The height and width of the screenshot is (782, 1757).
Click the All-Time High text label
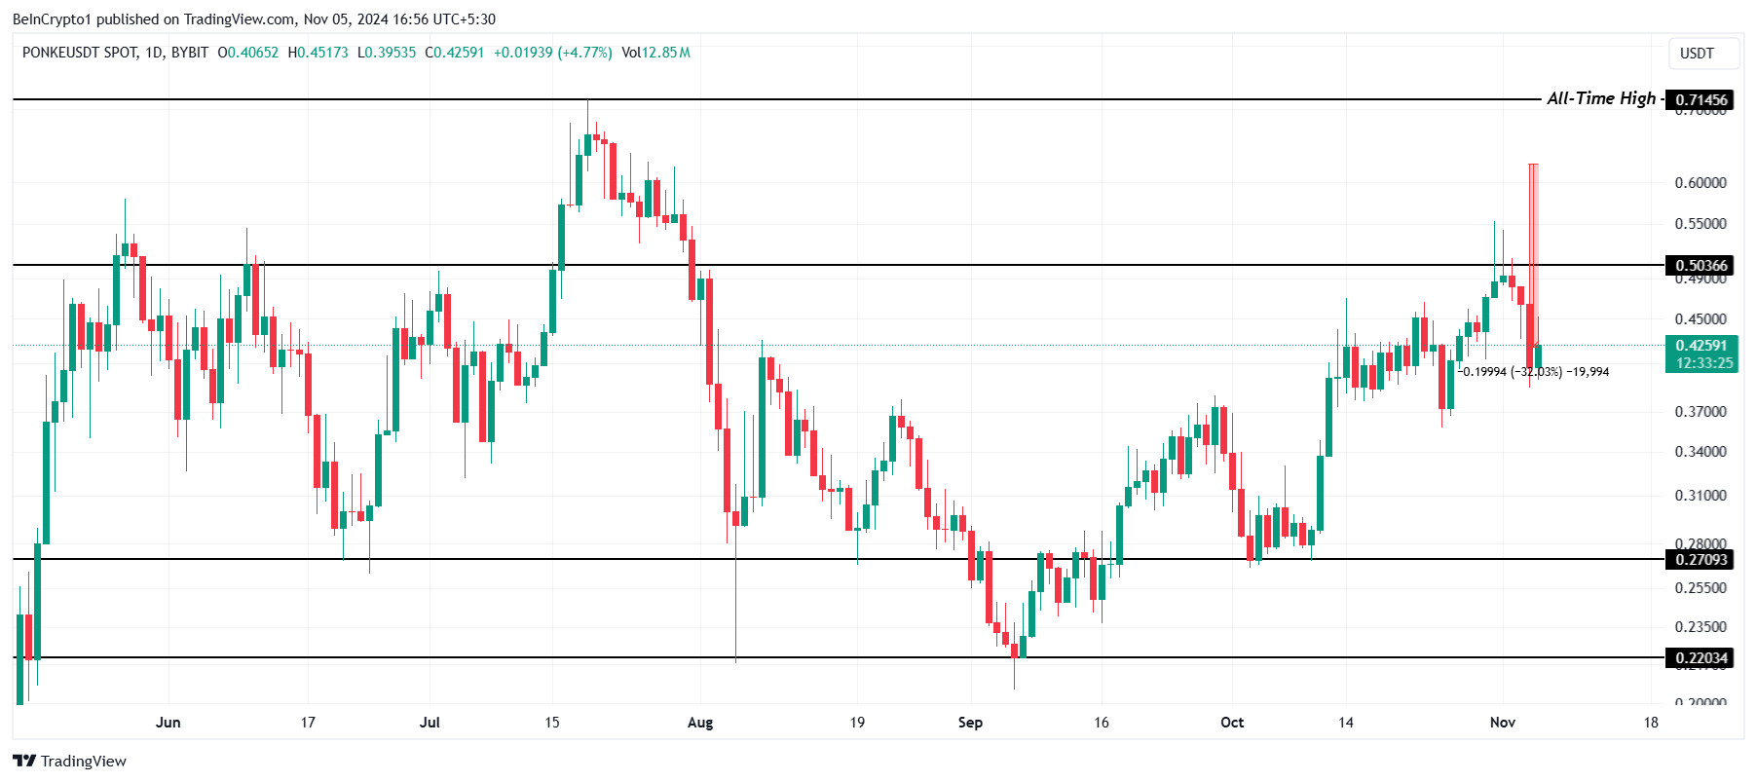pos(1600,98)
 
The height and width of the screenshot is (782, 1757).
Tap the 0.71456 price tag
pos(1701,100)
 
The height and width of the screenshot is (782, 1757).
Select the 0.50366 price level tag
pos(1701,266)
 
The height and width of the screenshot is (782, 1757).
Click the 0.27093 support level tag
pos(1701,560)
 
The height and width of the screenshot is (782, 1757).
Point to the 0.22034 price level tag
pos(1701,658)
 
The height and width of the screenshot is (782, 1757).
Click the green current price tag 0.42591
pos(1701,346)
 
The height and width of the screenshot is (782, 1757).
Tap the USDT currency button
pos(1697,54)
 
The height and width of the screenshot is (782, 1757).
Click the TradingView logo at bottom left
pos(70,762)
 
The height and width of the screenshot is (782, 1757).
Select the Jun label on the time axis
pos(168,723)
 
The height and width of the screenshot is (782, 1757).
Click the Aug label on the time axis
pos(700,723)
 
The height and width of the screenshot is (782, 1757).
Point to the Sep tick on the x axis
pos(970,723)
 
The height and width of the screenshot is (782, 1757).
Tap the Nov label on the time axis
pos(1503,723)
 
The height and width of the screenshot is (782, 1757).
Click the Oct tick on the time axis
pos(1232,723)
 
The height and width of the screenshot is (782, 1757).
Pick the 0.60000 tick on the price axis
pos(1701,183)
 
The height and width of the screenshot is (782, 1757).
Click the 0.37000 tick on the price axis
pos(1701,412)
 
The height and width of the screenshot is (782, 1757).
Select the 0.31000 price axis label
pos(1701,496)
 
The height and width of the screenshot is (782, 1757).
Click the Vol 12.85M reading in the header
pos(655,53)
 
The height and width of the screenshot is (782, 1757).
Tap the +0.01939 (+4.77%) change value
pos(552,53)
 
